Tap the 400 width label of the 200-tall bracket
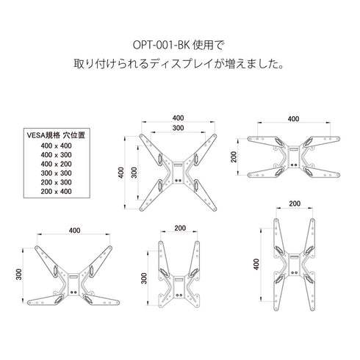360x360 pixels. (x=293, y=119)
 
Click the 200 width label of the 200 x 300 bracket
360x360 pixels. (x=179, y=228)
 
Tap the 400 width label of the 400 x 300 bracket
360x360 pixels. (x=73, y=230)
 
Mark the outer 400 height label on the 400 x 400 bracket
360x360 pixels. (x=120, y=173)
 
